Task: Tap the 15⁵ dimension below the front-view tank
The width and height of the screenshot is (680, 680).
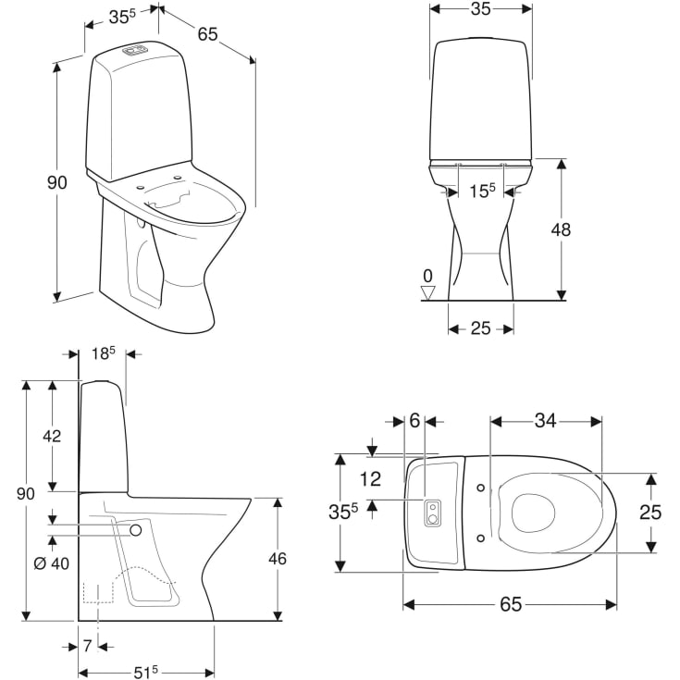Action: pos(481,191)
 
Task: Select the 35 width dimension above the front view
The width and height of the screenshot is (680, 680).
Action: pos(480,9)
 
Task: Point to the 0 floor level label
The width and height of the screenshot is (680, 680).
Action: pos(427,275)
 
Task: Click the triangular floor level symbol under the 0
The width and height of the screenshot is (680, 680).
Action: pos(427,292)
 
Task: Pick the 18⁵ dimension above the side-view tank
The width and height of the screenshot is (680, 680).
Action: pos(102,353)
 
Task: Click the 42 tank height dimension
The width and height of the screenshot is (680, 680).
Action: pos(53,436)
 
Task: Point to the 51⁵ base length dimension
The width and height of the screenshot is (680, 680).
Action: pos(143,672)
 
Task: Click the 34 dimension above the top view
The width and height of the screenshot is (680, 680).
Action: pos(545,421)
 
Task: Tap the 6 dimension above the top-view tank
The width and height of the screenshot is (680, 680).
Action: pos(414,421)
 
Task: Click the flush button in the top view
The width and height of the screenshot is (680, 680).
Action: pos(432,513)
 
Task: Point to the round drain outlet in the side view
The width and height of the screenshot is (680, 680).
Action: pos(137,530)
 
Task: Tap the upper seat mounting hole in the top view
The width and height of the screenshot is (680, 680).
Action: pos(479,488)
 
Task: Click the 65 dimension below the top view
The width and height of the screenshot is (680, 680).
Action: pos(510,605)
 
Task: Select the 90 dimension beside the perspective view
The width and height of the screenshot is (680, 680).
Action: pos(57,183)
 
